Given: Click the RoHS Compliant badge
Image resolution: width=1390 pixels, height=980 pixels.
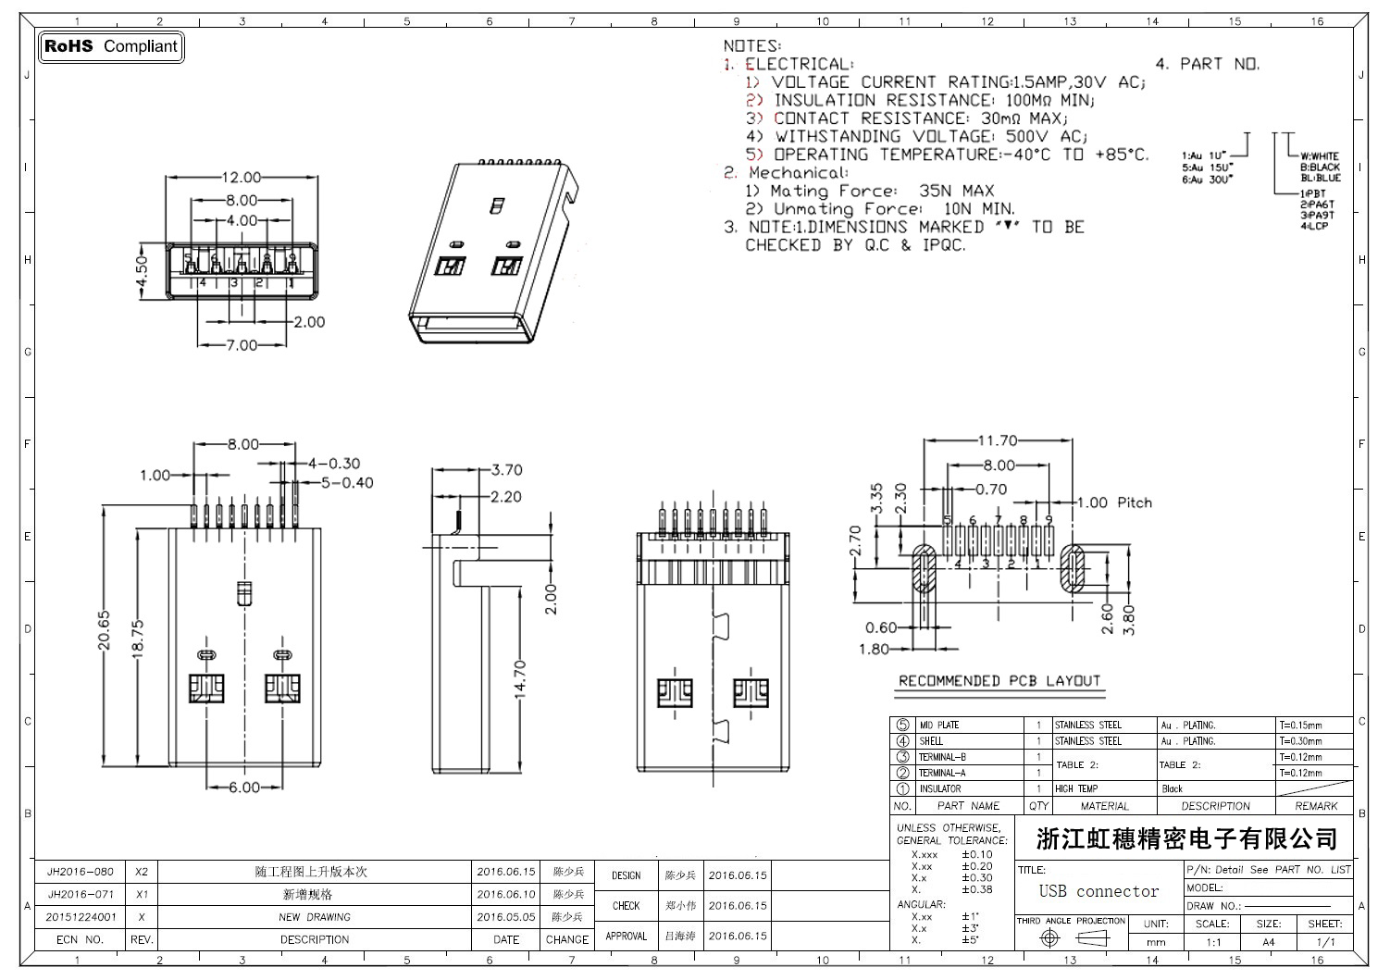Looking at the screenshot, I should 111,46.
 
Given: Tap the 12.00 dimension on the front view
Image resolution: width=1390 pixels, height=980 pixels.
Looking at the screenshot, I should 241,177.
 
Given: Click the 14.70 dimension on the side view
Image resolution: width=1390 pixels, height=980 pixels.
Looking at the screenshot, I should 519,677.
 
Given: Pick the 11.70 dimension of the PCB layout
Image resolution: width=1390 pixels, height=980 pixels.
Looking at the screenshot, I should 997,441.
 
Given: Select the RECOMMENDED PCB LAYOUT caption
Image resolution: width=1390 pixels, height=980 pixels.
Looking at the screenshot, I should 999,681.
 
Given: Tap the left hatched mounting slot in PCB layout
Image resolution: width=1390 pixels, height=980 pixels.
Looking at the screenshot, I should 925,569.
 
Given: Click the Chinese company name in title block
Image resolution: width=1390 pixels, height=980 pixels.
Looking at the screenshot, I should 1186,839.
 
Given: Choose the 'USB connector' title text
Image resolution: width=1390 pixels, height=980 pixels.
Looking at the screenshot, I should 1098,891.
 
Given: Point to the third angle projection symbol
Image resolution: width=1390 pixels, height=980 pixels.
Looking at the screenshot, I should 1072,938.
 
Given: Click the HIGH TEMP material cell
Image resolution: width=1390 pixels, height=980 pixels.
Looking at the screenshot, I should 1076,788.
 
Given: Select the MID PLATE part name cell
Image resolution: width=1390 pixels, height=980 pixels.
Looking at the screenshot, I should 939,726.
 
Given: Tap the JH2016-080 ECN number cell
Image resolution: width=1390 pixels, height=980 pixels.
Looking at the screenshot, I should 81,872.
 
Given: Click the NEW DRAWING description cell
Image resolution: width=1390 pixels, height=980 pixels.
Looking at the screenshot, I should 315,917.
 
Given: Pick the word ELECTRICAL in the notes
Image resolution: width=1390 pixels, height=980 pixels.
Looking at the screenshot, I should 798,64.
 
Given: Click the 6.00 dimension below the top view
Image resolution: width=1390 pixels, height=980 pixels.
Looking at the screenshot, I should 243,788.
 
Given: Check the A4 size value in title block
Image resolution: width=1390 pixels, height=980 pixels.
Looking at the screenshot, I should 1268,942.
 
